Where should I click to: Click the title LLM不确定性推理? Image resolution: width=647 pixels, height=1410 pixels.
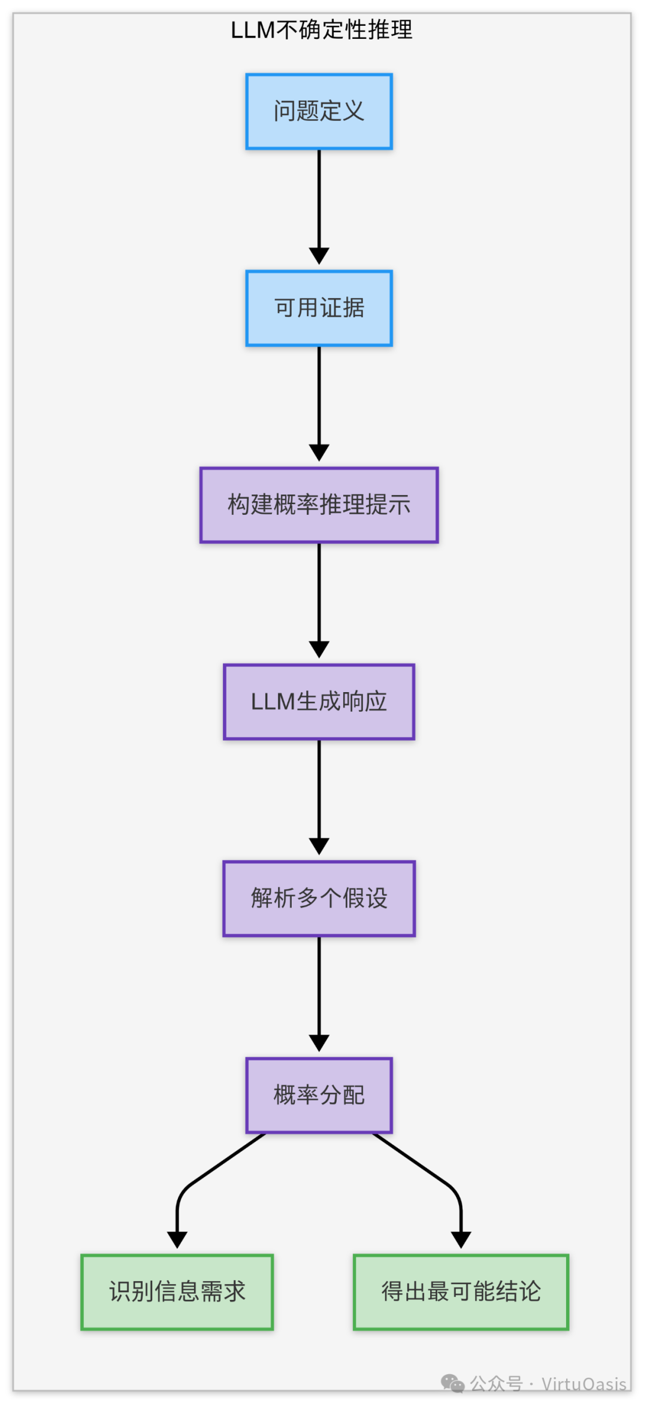[321, 30]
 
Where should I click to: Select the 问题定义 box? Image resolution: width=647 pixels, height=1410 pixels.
[319, 111]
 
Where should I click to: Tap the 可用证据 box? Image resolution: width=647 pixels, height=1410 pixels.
[319, 308]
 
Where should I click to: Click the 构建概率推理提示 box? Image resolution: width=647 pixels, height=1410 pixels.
[319, 505]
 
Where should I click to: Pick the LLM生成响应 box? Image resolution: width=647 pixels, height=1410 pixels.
[319, 702]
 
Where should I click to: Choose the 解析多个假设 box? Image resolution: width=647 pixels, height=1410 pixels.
[319, 898]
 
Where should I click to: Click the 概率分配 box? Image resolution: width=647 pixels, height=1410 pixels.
[319, 1095]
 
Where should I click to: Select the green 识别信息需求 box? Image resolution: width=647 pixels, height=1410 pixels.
[177, 1292]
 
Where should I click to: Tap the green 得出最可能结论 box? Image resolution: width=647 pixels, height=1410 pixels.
[461, 1292]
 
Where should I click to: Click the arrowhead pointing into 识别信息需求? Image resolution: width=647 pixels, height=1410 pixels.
[177, 1239]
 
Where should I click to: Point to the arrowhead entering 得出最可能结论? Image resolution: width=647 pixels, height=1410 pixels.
[461, 1239]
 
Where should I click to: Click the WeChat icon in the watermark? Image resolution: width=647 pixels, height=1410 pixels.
[452, 1383]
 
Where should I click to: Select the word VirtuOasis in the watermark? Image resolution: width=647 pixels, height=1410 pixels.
[583, 1384]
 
